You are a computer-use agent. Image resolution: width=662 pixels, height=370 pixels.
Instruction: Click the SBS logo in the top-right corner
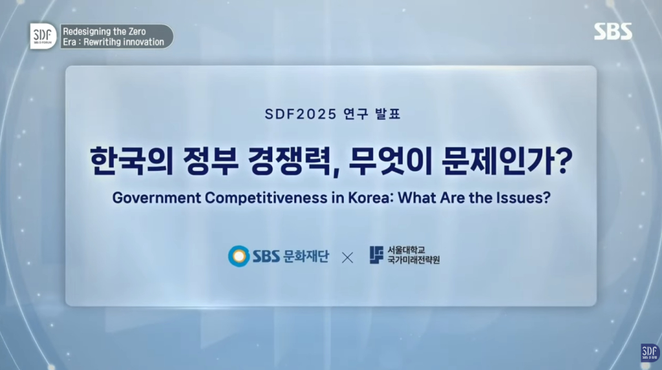pos(613,31)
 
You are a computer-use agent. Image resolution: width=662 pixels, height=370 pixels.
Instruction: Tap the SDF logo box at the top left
pos(43,36)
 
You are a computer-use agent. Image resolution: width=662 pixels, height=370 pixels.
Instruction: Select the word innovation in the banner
pos(142,42)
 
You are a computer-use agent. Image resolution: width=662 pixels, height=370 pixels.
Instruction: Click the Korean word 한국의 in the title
pos(132,161)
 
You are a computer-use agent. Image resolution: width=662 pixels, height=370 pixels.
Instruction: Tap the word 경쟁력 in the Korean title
pos(290,161)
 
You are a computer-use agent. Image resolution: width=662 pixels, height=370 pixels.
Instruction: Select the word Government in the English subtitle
pos(156,198)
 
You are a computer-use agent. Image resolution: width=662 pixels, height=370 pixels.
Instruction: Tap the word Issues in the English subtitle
pos(522,198)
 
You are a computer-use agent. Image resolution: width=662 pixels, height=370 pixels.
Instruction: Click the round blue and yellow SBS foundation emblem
pos(239,256)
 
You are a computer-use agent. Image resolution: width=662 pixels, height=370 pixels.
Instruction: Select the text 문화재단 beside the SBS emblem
pos(306,256)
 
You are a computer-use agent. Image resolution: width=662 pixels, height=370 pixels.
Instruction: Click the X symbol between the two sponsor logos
pos(347,258)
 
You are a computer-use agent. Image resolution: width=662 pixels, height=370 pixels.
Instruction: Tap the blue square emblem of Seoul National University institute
pos(376,255)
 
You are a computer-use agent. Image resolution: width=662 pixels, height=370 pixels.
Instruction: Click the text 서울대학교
pos(406,250)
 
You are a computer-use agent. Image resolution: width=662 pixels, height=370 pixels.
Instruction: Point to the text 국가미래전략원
pos(413,260)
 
